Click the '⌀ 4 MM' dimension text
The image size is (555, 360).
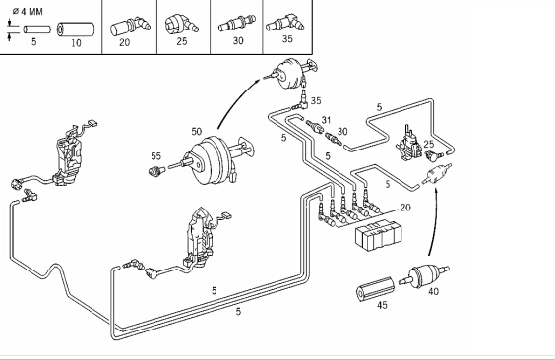(28, 12)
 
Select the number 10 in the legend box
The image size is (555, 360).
(76, 43)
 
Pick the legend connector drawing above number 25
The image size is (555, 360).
(182, 25)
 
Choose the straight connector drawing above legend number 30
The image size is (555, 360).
(236, 24)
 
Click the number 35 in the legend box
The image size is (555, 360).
(287, 39)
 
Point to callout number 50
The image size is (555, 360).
(197, 132)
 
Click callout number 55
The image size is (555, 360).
(155, 156)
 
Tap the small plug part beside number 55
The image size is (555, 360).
(156, 171)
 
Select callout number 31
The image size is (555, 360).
(326, 120)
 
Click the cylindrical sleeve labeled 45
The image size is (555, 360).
(375, 289)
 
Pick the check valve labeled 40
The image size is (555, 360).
(424, 275)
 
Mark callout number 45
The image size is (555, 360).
(382, 305)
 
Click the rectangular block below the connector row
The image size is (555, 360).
(379, 234)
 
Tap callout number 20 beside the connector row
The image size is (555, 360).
(405, 208)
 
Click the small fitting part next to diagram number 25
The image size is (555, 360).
(434, 154)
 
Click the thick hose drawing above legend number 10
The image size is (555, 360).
(76, 30)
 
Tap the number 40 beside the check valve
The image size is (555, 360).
(433, 291)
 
